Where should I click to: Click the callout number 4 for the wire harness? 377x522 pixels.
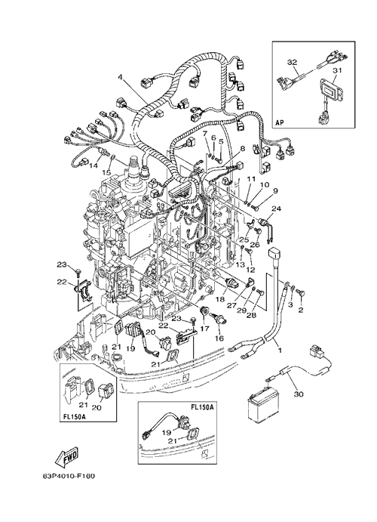point(120,77)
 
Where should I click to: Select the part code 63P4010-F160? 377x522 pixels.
point(69,477)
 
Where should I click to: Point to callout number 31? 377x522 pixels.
point(338,70)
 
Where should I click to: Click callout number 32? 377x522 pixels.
point(293,62)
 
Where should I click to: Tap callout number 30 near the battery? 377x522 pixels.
point(299,394)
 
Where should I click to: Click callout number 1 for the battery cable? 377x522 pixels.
point(280,350)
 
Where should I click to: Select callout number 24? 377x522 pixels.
point(277,208)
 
